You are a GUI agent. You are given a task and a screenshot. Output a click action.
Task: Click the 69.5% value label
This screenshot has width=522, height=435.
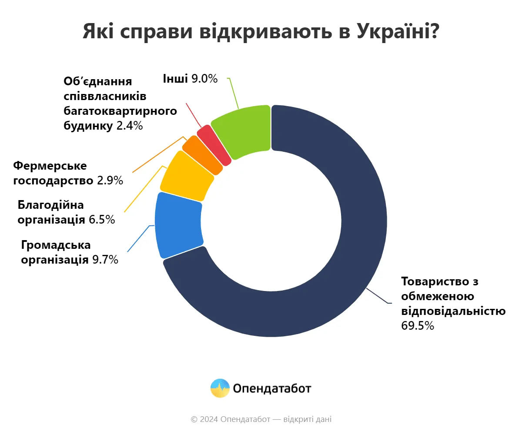(418, 326)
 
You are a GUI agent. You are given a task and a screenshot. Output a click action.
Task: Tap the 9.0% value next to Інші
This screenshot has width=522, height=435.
(204, 79)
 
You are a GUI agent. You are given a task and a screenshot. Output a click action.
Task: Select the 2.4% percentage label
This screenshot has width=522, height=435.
(130, 126)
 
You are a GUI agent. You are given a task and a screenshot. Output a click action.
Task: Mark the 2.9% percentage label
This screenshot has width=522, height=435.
(110, 181)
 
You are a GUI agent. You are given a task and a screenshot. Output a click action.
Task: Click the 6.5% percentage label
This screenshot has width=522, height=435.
(102, 220)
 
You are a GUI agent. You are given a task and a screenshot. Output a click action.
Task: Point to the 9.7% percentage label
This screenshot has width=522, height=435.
(105, 260)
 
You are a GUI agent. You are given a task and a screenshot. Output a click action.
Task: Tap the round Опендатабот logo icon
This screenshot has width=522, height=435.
(220, 388)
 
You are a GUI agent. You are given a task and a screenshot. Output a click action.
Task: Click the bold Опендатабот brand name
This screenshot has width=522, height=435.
(272, 388)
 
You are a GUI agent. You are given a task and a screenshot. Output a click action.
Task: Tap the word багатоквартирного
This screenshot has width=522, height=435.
(120, 110)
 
